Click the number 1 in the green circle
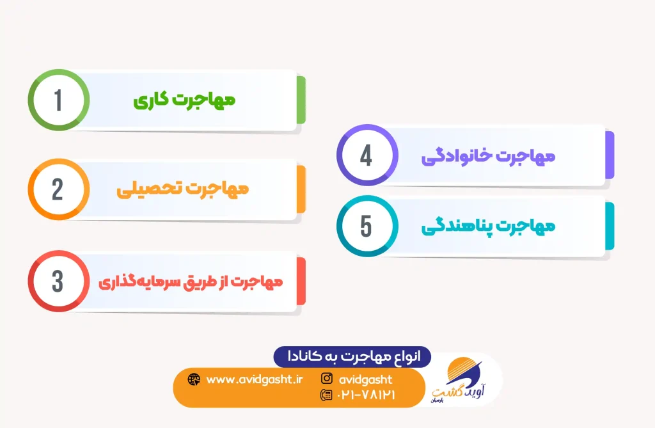58,100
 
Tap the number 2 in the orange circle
58,189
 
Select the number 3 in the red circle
58,281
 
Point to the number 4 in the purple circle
367,155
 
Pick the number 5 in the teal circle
367,226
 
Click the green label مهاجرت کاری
184,100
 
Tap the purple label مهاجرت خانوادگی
488,156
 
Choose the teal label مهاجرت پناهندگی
488,226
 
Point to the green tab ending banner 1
301,100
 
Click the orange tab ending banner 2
301,189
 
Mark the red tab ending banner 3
301,281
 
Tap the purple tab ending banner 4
610,155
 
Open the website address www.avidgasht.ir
255,379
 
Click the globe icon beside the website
194,379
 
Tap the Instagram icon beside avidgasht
327,378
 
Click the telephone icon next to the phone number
326,395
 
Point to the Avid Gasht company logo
459,379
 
